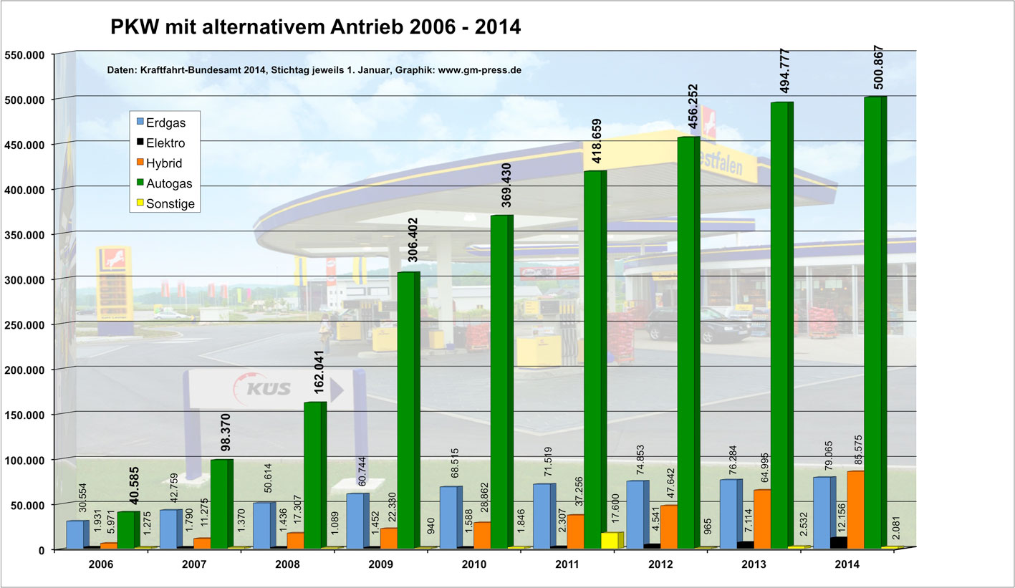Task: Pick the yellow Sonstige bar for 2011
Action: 610,540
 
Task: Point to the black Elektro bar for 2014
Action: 838,543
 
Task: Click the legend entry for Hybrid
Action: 163,163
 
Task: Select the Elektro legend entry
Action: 165,143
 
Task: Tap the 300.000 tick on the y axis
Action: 26,279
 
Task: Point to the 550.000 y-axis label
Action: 26,54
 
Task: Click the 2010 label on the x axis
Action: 473,564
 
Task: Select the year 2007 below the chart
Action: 194,564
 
